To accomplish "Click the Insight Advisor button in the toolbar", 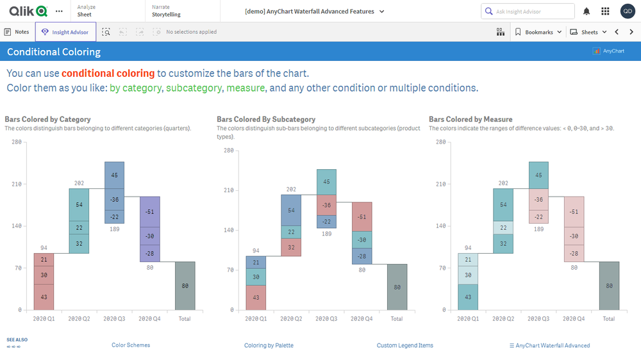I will tap(66, 32).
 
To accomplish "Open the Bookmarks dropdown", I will tap(538, 32).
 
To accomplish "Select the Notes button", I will tap(17, 32).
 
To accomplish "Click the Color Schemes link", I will tap(131, 345).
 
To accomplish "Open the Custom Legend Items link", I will tap(405, 345).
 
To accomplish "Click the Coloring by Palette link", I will tap(269, 345).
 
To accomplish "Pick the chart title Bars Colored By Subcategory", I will tap(266, 119).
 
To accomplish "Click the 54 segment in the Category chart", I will tap(79, 205).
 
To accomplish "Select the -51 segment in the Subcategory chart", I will tap(362, 217).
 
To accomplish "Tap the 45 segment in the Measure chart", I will tap(538, 175).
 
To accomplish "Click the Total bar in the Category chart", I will tap(185, 286).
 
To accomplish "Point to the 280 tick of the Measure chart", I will tap(440, 142).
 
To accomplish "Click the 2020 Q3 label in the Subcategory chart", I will tap(326, 318).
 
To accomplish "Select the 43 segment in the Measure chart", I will tap(468, 297).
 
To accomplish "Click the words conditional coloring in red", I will tap(108, 74).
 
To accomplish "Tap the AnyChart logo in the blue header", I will tap(609, 51).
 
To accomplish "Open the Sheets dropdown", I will tap(588, 32).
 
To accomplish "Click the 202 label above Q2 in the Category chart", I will tap(79, 183).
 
